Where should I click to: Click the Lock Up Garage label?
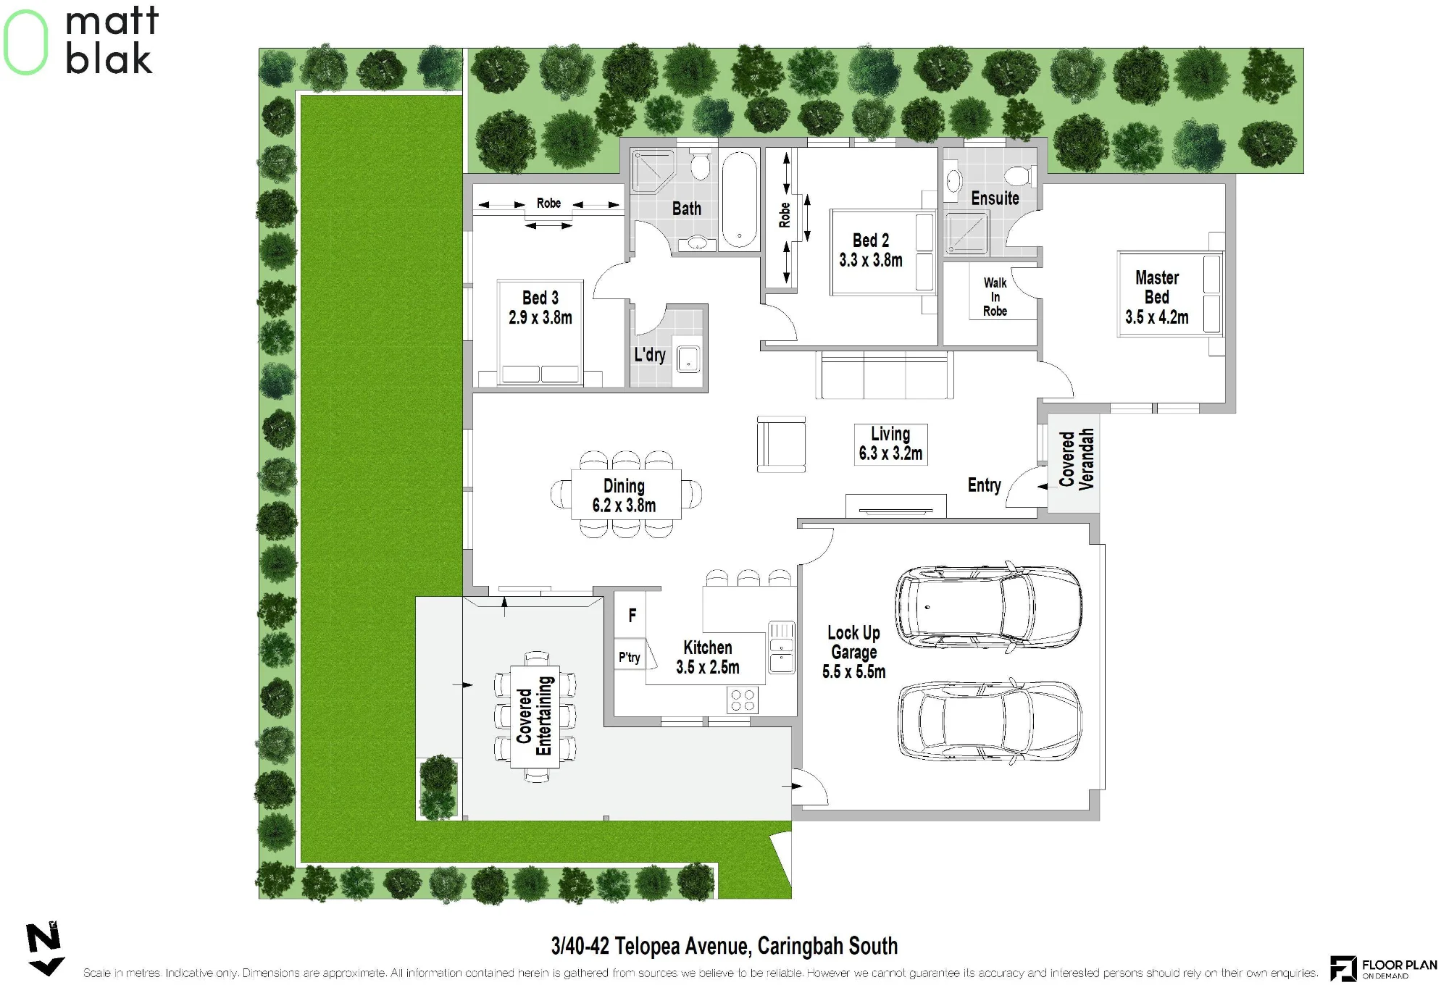click(x=854, y=652)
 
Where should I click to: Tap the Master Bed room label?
click(x=1157, y=297)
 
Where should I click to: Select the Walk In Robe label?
click(x=995, y=297)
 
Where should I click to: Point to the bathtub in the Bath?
click(x=739, y=199)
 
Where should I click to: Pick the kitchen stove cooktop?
click(x=743, y=700)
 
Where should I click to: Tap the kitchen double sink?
click(x=782, y=647)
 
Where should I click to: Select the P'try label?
click(x=629, y=657)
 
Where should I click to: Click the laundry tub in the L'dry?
click(x=688, y=359)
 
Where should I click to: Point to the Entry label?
click(x=984, y=485)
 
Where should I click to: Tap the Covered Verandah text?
click(x=1077, y=459)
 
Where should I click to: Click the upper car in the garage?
click(x=988, y=606)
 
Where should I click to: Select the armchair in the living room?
click(x=781, y=444)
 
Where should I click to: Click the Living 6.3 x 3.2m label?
click(x=890, y=444)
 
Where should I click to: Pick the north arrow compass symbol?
click(x=46, y=950)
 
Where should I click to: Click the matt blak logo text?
click(x=111, y=40)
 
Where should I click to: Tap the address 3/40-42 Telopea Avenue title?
click(x=724, y=946)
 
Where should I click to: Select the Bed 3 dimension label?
click(x=540, y=317)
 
